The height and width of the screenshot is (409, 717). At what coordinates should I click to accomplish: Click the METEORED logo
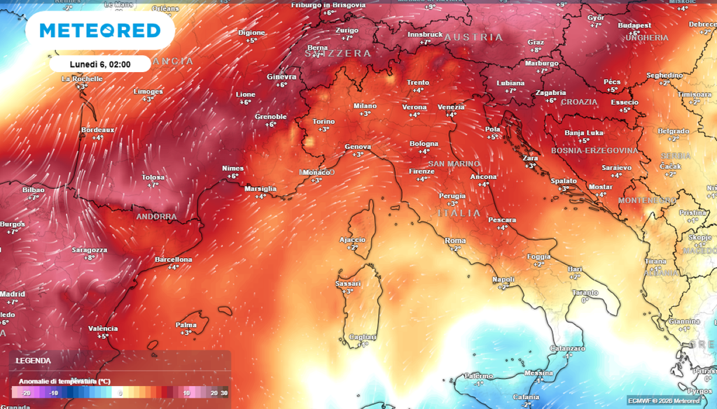[99, 31]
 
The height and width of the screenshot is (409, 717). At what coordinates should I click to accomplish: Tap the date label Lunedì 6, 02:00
[99, 64]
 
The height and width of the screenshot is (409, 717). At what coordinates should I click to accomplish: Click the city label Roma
[455, 241]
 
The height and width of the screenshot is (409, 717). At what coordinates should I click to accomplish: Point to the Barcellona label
[173, 259]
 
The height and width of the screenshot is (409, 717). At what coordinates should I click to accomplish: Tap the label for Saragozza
[90, 250]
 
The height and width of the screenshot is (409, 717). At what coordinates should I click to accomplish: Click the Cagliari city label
[363, 336]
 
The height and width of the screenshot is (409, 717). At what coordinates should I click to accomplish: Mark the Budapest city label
[634, 25]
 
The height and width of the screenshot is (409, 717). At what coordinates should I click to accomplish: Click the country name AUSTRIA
[473, 37]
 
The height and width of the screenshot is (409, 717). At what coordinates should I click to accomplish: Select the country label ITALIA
[459, 213]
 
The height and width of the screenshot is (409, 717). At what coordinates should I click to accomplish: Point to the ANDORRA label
[156, 217]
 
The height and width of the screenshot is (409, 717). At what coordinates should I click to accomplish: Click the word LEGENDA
[34, 361]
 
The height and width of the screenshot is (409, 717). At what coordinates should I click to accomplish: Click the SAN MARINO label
[454, 164]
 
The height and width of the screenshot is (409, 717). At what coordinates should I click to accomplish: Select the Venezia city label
[451, 106]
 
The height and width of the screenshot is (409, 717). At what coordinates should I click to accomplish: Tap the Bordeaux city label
[97, 130]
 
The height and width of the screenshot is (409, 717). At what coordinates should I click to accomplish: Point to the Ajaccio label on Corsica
[352, 239]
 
